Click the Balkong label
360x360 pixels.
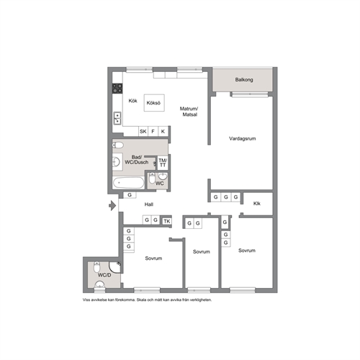244,80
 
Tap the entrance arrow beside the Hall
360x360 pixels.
112,206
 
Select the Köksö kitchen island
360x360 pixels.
154,103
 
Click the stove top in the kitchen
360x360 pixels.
117,89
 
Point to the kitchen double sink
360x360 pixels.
117,118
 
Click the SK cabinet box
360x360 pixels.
143,131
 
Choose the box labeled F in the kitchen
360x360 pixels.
153,131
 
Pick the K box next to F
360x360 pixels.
163,131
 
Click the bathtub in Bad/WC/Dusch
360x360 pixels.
128,183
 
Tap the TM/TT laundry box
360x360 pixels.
163,163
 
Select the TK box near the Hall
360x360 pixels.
167,221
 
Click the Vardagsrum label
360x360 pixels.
242,138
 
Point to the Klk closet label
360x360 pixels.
257,204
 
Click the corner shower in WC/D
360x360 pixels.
115,267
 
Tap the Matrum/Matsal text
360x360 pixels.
189,112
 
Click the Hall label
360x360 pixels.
149,204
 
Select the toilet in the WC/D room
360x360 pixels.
96,266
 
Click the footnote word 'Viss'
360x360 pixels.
86,300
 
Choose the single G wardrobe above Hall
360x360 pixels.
130,195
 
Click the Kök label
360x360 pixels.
132,101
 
